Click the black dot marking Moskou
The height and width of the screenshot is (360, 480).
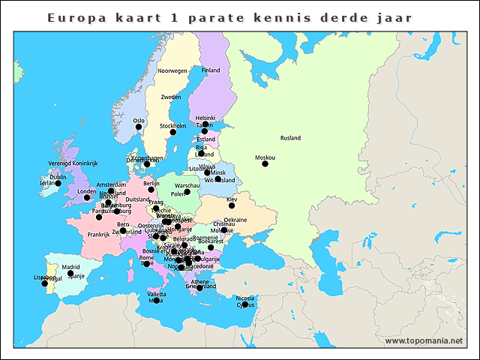(x=265, y=163)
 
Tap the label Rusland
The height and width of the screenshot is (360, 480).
(x=290, y=138)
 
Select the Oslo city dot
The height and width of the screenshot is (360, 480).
(x=139, y=127)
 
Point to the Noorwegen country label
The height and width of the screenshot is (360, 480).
(x=172, y=70)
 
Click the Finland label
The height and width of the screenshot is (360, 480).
(x=211, y=70)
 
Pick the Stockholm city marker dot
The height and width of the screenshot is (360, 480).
(x=172, y=132)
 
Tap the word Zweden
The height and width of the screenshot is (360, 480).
(x=171, y=97)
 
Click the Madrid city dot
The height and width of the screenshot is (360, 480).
(x=70, y=274)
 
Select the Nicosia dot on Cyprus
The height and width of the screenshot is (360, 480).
(x=245, y=304)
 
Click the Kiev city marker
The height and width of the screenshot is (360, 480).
(x=232, y=205)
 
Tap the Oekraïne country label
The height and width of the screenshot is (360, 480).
(x=235, y=220)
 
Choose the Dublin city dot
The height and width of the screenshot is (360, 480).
(x=58, y=183)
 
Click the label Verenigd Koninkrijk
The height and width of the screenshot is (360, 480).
(x=73, y=163)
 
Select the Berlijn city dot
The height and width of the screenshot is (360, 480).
(x=151, y=189)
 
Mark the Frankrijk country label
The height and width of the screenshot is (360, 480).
(x=98, y=235)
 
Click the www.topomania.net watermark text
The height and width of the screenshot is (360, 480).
(x=424, y=340)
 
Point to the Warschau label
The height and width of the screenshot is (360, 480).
(x=187, y=185)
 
